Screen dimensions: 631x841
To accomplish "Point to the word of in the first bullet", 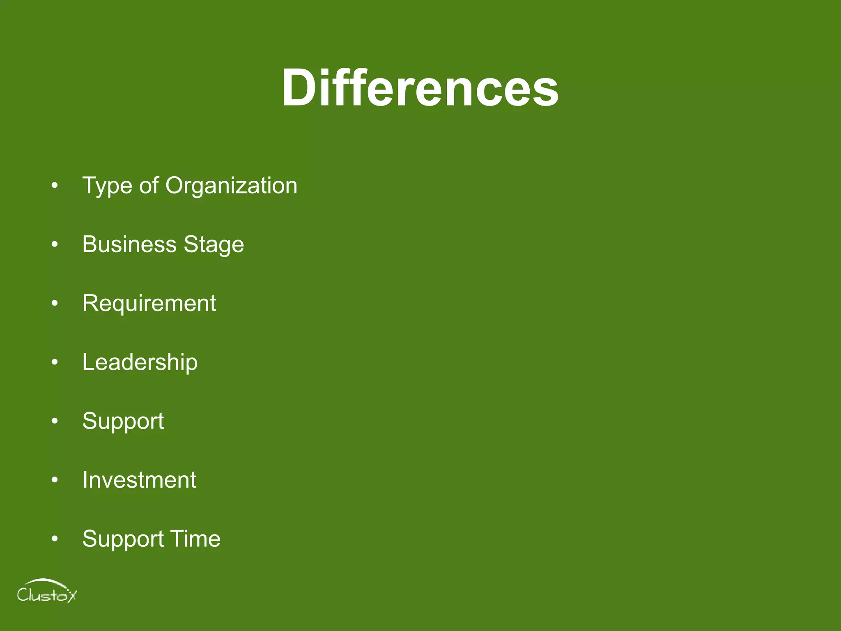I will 149,185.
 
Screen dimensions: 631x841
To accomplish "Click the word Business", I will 129,244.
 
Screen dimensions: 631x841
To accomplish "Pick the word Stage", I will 214,245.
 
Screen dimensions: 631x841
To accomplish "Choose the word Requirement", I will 149,304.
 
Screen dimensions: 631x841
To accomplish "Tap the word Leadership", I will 140,363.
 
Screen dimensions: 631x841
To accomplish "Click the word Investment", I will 139,480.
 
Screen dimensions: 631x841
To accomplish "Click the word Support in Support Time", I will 123,539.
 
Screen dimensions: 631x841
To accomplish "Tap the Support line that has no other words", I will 123,421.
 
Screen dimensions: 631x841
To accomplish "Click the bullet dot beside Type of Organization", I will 55,186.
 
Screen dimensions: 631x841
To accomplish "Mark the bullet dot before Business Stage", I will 55,245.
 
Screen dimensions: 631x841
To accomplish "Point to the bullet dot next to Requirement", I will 55,304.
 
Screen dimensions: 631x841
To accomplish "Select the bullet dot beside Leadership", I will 55,362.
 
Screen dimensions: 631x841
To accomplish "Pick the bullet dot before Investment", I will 55,480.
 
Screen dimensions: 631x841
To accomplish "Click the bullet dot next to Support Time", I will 55,539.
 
